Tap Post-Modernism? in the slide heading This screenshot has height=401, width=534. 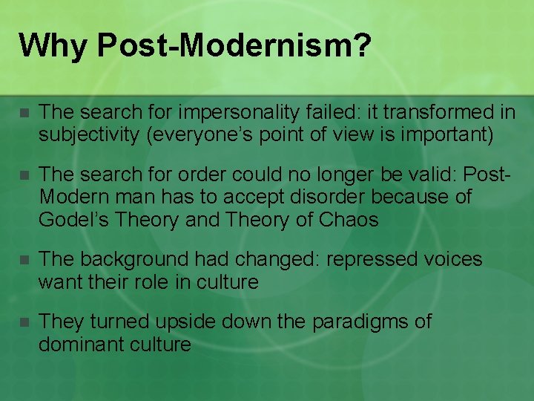[x=234, y=45]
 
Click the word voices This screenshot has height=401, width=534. [x=453, y=260]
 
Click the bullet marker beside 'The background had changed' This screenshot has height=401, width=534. [x=23, y=261]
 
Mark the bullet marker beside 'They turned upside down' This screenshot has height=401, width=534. [x=23, y=323]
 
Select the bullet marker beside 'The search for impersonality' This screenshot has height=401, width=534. [x=23, y=114]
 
